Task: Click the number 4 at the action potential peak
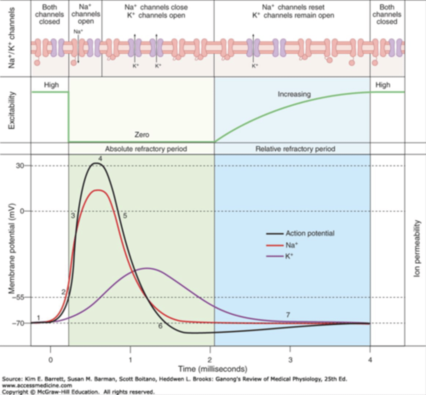click(x=100, y=159)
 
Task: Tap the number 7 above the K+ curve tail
click(x=288, y=315)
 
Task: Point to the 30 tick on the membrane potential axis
click(x=20, y=166)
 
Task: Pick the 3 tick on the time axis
click(x=290, y=360)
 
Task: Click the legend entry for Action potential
click(x=310, y=233)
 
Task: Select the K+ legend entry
click(x=289, y=256)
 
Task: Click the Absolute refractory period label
click(x=146, y=149)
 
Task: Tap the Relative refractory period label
click(x=295, y=149)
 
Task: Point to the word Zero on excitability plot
click(x=142, y=135)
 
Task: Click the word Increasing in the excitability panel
click(x=294, y=94)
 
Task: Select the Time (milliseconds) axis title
click(x=213, y=369)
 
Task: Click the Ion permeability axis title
click(x=417, y=249)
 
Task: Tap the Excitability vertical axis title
click(x=12, y=110)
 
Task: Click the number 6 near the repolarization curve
click(x=160, y=326)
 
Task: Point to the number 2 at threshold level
click(x=63, y=292)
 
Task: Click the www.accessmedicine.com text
click(x=37, y=385)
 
